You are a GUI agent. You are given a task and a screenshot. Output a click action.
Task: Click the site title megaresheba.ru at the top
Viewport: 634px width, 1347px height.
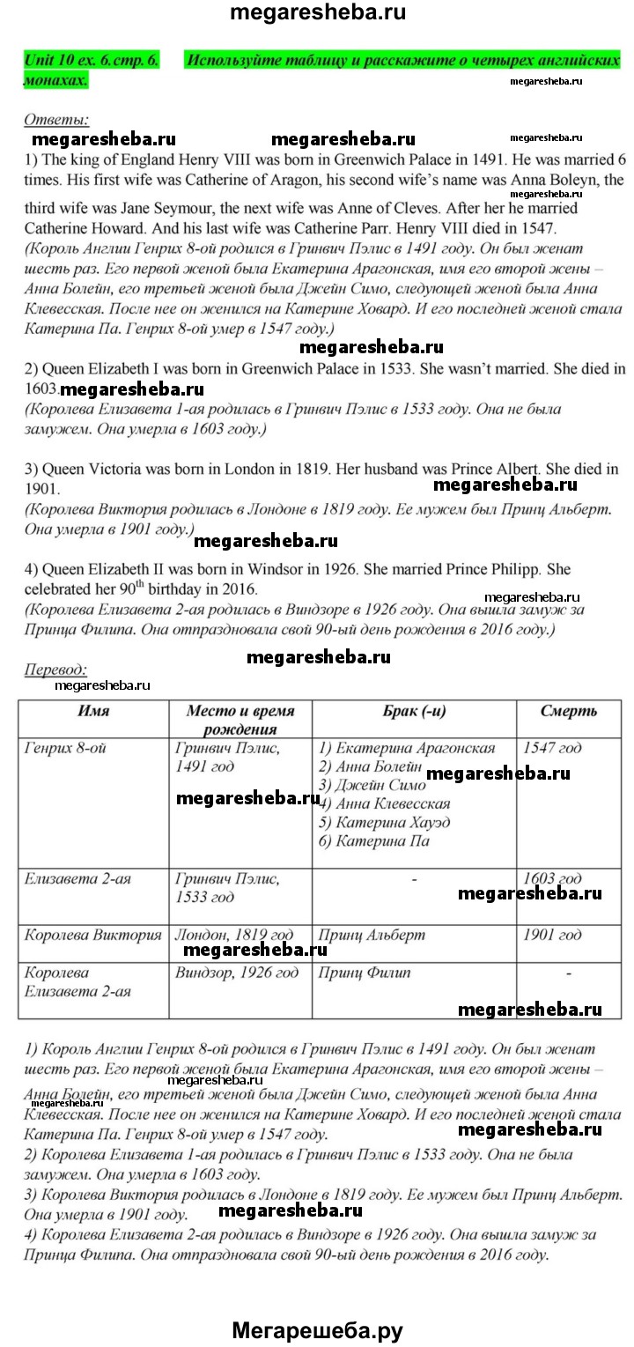coord(317,13)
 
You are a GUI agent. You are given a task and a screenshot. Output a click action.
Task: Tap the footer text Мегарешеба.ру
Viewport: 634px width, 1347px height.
coord(317,1329)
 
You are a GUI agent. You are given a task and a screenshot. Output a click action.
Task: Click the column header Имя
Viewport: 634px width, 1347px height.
coord(93,711)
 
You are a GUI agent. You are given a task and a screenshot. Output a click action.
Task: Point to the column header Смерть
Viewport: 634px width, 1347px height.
coord(568,711)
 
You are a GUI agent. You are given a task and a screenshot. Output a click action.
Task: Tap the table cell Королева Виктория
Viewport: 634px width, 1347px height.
coord(93,935)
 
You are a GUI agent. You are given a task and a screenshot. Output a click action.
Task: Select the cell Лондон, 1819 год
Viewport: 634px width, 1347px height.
coord(234,935)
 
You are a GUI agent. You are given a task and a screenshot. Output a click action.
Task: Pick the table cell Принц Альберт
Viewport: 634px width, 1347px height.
coord(372,935)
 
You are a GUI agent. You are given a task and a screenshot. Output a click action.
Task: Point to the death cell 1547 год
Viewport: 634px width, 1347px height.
coord(552,748)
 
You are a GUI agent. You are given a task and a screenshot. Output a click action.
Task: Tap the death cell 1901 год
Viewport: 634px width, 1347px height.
coord(552,935)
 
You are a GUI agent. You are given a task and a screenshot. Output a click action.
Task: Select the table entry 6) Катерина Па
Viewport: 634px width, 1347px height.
coord(373,840)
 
